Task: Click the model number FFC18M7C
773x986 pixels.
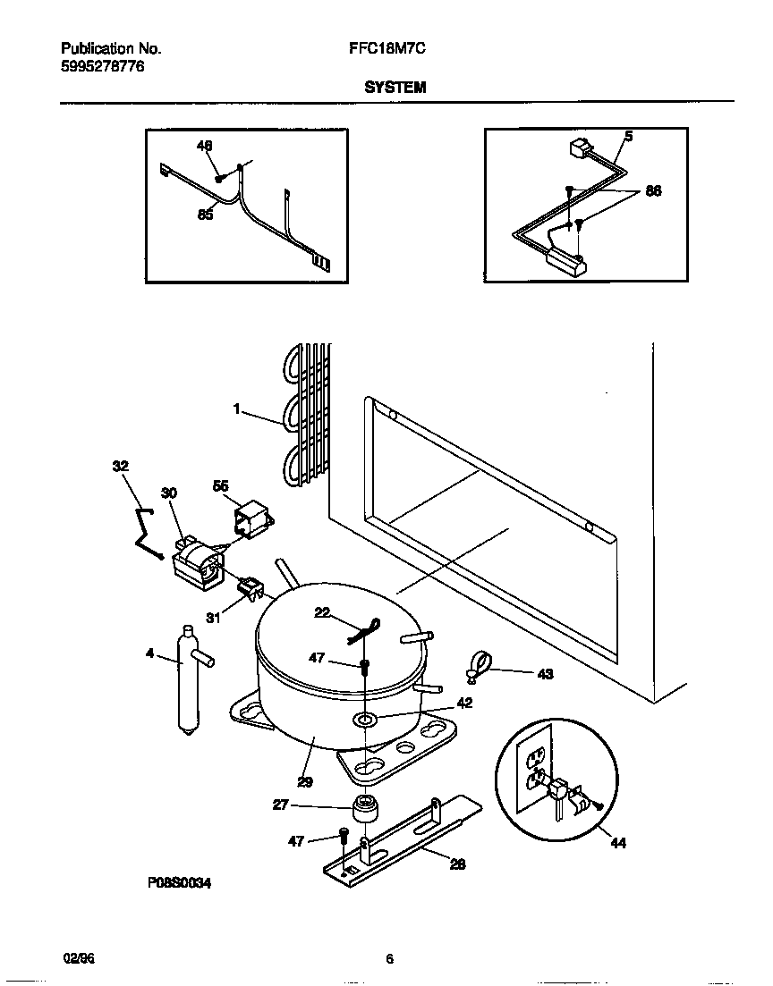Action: pos(386,51)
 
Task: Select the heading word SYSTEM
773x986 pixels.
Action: pos(395,88)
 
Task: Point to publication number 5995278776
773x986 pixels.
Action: pos(103,67)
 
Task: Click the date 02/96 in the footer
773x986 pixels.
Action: pos(79,959)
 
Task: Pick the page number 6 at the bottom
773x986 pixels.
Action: pos(389,959)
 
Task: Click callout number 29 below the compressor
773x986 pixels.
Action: pos(305,781)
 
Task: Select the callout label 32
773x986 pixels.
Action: pos(120,466)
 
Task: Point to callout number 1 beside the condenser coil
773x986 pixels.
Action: pos(237,409)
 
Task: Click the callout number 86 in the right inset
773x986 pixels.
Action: pos(653,190)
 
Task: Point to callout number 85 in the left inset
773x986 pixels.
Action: pos(205,215)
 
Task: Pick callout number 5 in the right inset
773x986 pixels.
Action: pos(628,136)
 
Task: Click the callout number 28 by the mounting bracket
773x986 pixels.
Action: pos(456,864)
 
